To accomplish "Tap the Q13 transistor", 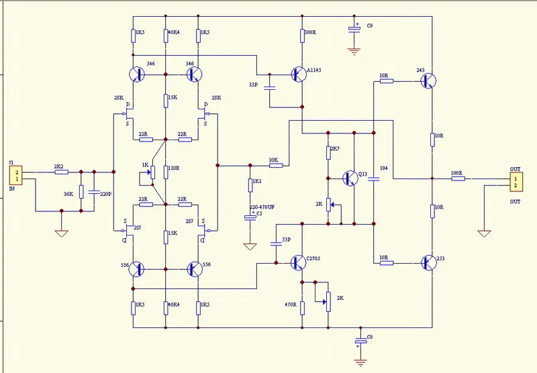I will click(350, 178).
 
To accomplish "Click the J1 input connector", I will click(14, 176).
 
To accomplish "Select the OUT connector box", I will click(512, 181).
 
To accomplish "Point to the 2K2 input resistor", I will click(61, 172).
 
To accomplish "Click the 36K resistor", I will click(81, 191).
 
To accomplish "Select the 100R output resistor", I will click(457, 179).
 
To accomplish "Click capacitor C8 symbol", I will click(361, 342).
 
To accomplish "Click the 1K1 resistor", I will click(250, 184).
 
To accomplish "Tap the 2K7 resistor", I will click(328, 152).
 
